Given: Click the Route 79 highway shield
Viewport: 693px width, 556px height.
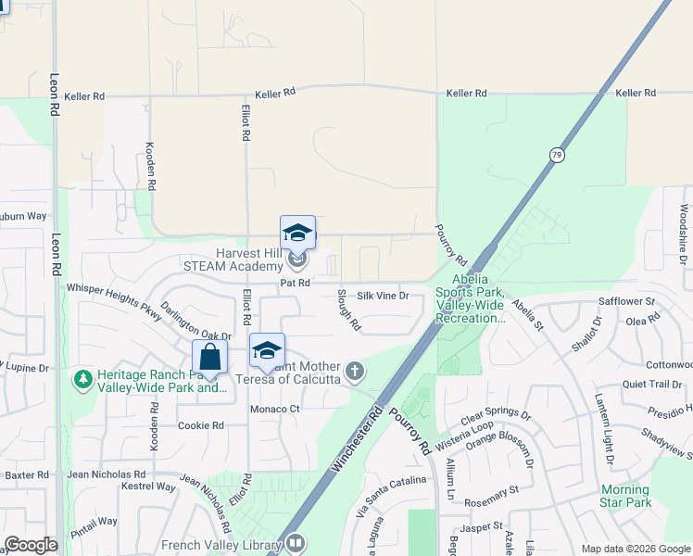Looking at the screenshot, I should [556, 156].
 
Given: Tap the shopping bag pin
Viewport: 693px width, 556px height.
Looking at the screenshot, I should [210, 358].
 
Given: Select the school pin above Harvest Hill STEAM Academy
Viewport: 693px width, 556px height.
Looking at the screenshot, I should [297, 233].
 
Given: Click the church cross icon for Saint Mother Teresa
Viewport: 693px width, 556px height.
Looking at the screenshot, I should [353, 372].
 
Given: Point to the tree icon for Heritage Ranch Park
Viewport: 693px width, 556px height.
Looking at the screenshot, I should [83, 379].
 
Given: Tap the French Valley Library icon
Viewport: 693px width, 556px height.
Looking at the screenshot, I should [296, 543].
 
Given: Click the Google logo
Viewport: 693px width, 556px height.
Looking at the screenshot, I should [31, 545].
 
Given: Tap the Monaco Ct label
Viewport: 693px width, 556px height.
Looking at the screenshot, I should [275, 409].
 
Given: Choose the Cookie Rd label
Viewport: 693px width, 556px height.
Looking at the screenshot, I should [201, 425].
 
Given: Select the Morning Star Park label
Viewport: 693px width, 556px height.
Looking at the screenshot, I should [625, 496].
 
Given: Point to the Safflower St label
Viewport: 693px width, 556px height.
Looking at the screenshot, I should [626, 302].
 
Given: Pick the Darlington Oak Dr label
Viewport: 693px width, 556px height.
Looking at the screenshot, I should [195, 322].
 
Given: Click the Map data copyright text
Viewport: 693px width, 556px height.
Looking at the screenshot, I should [635, 549].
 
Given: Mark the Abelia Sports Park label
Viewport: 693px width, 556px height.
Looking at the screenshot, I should [478, 298].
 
